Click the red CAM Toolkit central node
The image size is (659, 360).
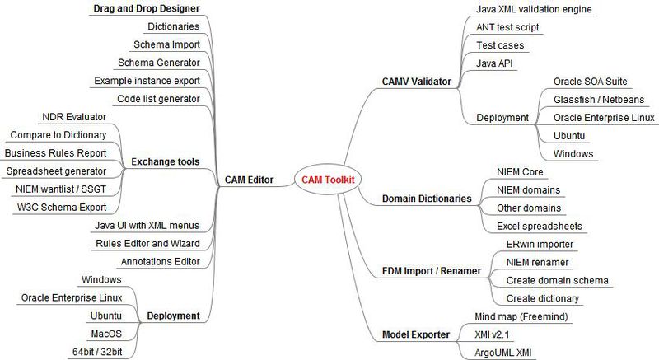coord(329,180)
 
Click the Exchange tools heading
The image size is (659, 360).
coord(165,161)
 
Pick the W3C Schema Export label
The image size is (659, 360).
coord(62,206)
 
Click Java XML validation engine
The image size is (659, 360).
coord(534,9)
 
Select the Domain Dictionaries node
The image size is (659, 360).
coord(427,199)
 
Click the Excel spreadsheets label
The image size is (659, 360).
coord(540,226)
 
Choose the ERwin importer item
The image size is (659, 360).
coord(540,245)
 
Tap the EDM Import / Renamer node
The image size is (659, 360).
coord(432,270)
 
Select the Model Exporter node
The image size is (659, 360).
coord(416,334)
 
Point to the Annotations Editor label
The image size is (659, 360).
coord(160,262)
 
